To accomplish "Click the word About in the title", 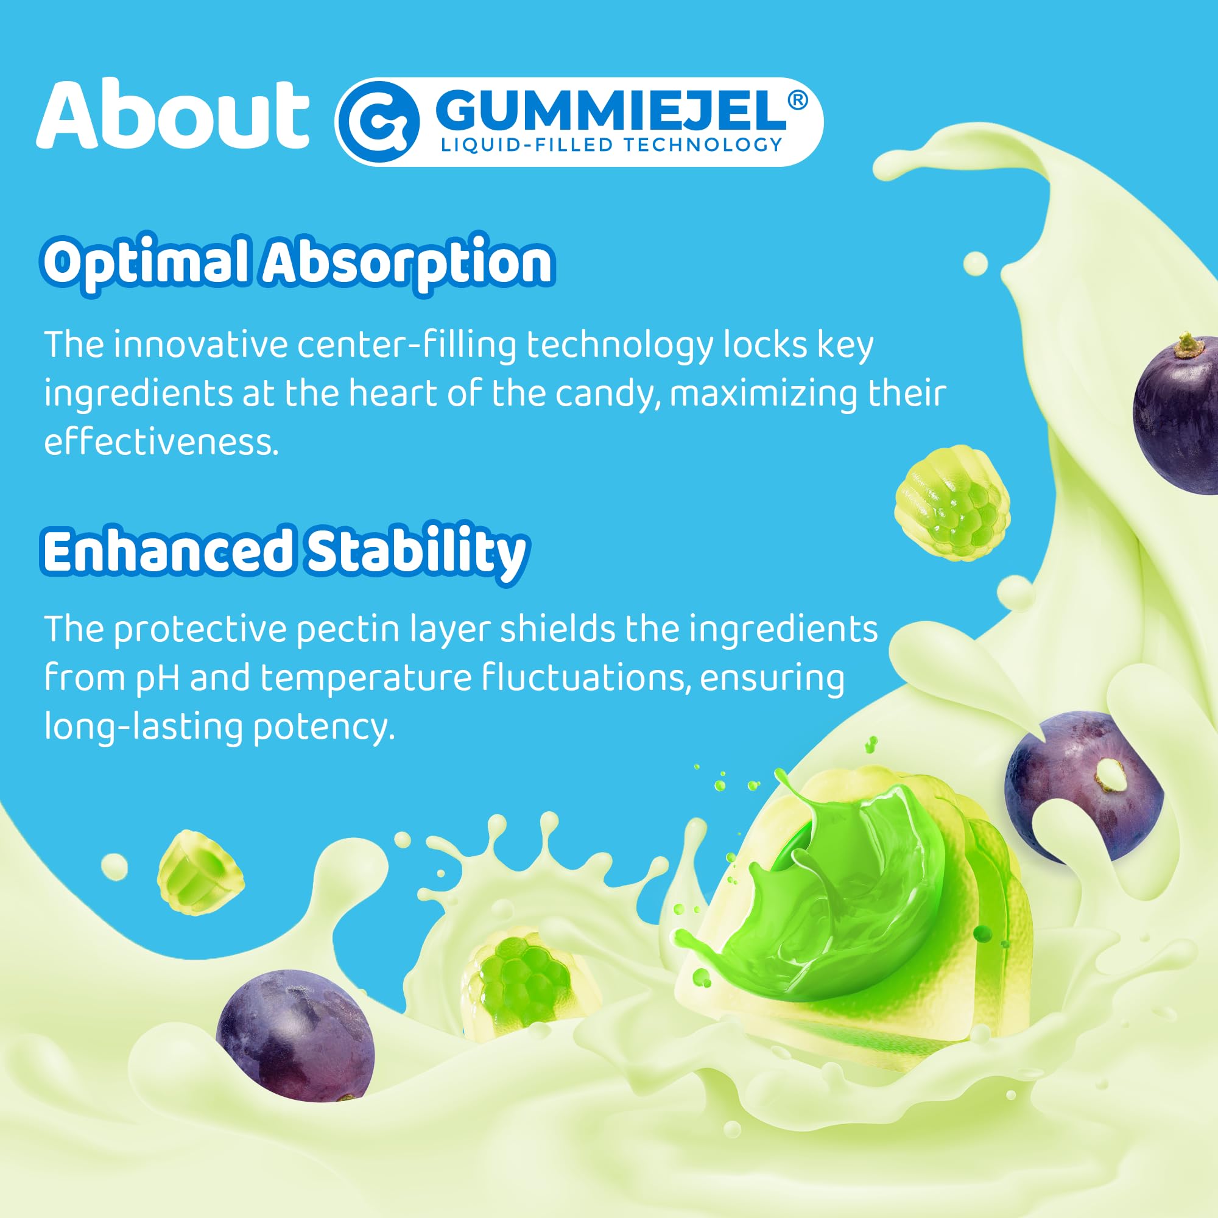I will [x=172, y=116].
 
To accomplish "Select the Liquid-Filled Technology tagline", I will [x=611, y=145].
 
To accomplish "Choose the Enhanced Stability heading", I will [x=284, y=551].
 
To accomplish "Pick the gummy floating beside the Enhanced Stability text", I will [x=952, y=503].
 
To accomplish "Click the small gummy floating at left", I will [x=200, y=873].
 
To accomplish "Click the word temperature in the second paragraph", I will [x=365, y=678].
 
